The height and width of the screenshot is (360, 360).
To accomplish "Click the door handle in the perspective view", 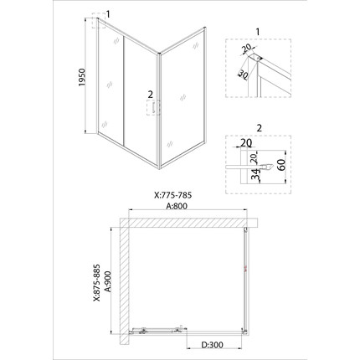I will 154,107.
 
